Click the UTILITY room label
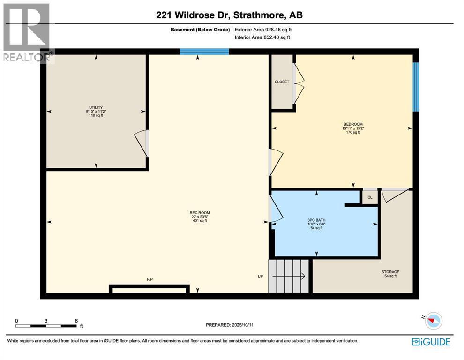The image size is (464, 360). pos(96,107)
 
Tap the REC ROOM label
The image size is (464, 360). pos(200,212)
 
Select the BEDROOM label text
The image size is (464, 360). pos(353,124)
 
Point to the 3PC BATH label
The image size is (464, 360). pos(317,220)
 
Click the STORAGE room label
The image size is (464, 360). pos(390,272)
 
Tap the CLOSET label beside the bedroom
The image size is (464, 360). pos(282,82)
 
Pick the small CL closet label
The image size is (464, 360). pos(370,197)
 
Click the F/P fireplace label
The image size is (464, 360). pos(150,279)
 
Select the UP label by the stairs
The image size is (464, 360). pos(261,276)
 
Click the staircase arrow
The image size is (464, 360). pos(289,276)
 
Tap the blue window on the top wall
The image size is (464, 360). pos(204,52)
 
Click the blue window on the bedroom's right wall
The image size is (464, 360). pos(416,87)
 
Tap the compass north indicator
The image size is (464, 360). pos(434,321)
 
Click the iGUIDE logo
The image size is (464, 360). pos(431,342)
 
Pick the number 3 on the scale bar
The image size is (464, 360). pos(46,321)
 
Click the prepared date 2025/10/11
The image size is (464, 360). pos(242,325)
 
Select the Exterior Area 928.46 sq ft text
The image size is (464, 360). pos(263,30)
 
